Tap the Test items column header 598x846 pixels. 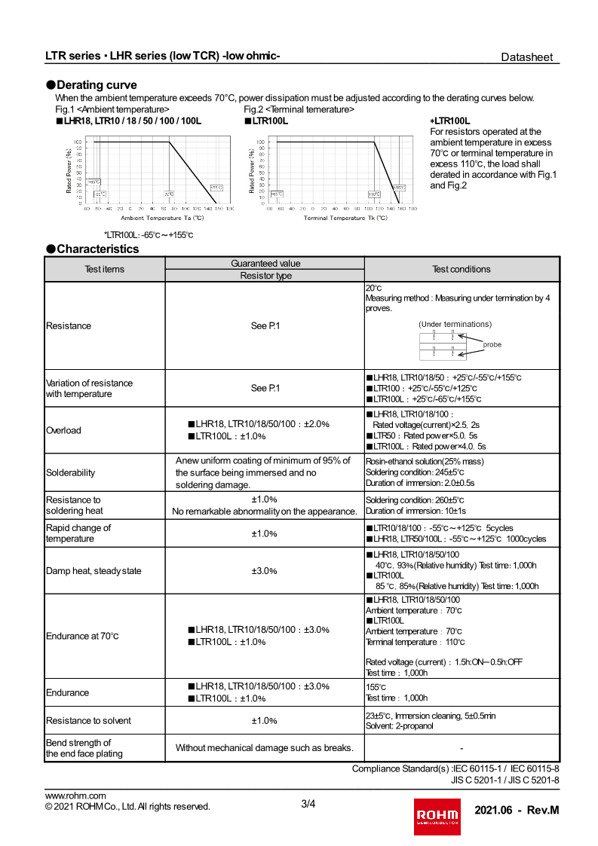pyautogui.click(x=105, y=269)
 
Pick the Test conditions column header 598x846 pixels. pyautogui.click(x=462, y=269)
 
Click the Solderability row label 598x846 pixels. pyautogui.click(x=71, y=472)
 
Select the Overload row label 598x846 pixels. pyautogui.click(x=63, y=430)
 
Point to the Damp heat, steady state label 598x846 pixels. pyautogui.click(x=94, y=571)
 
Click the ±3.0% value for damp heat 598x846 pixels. pyautogui.click(x=264, y=571)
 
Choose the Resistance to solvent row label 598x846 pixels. pyautogui.click(x=88, y=720)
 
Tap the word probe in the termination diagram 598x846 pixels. pyautogui.click(x=492, y=344)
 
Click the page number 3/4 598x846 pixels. pyautogui.click(x=308, y=804)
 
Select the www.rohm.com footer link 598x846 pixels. pyautogui.click(x=75, y=796)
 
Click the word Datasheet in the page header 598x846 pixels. pyautogui.click(x=527, y=57)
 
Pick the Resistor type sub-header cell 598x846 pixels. pyautogui.click(x=265, y=276)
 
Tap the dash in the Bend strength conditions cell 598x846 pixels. pyautogui.click(x=461, y=748)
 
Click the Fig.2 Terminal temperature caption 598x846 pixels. pyautogui.click(x=299, y=109)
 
